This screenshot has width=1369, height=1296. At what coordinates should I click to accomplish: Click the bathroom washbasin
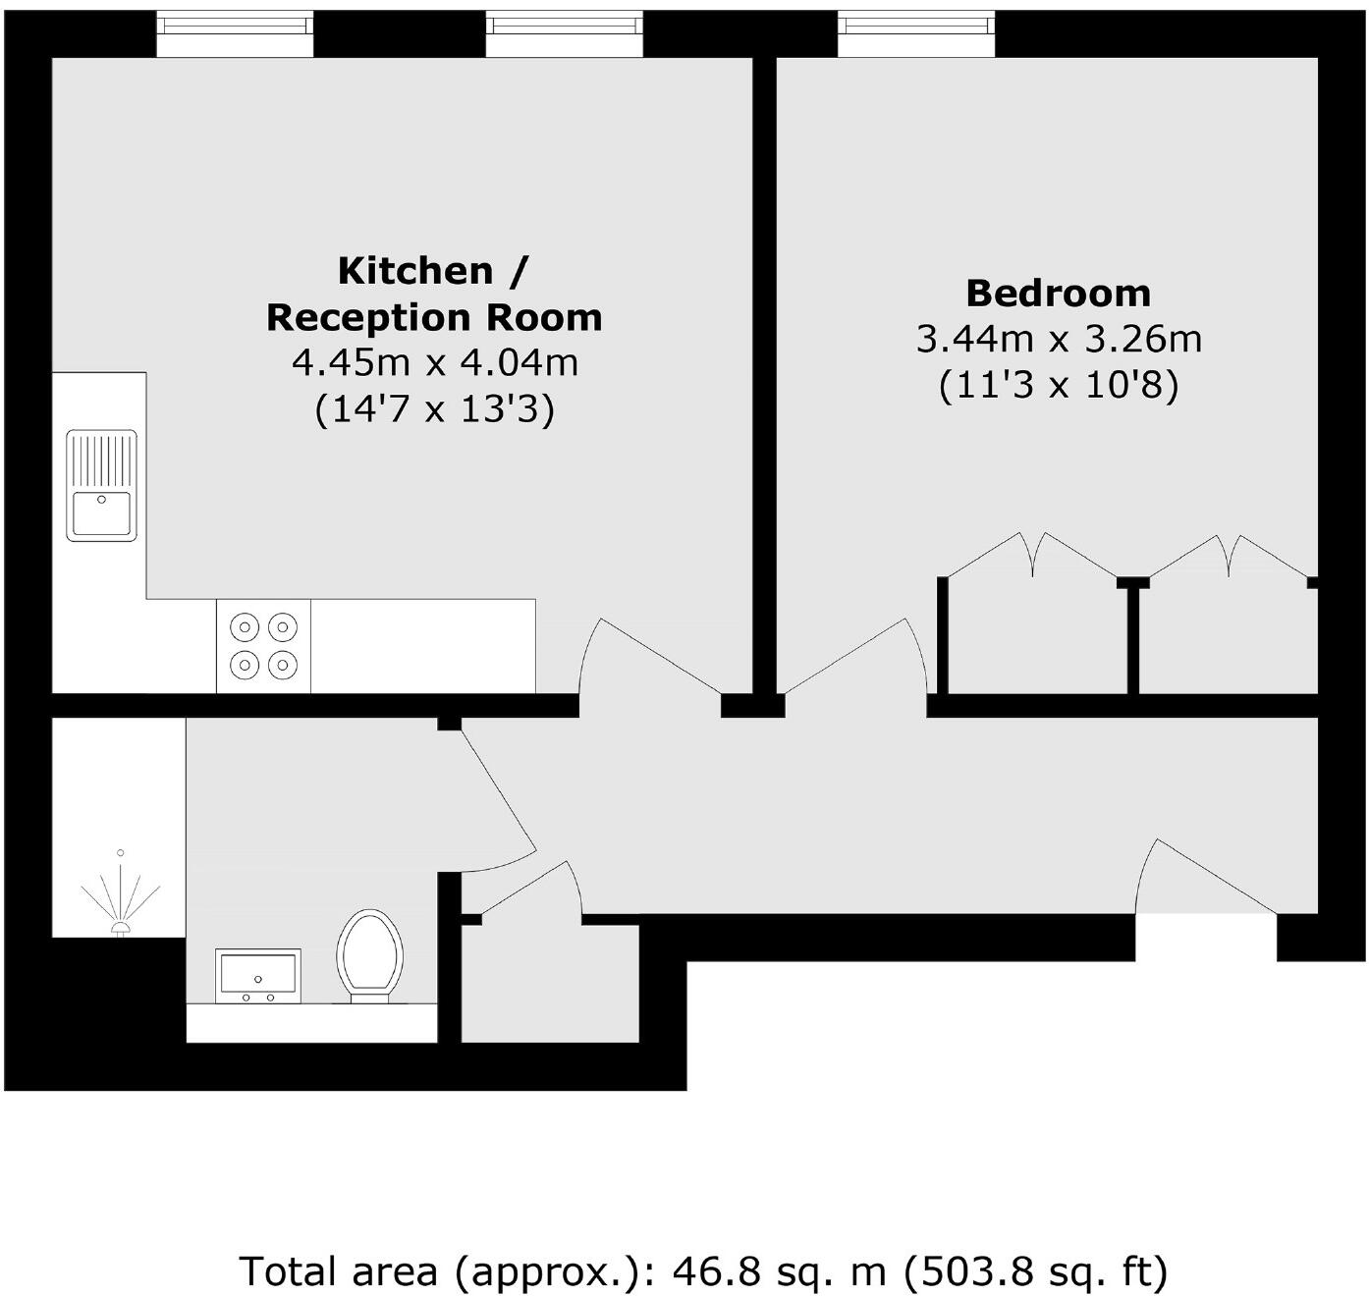click(x=258, y=976)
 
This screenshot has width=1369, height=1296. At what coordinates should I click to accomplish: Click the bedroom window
click(x=915, y=34)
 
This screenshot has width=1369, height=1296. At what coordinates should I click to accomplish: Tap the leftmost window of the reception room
click(x=235, y=34)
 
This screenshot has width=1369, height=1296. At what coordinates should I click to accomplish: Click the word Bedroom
click(x=1058, y=294)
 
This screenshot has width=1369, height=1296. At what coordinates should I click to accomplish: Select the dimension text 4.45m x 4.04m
click(x=434, y=363)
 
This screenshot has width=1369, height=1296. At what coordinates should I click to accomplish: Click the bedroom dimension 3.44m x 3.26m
click(x=1058, y=340)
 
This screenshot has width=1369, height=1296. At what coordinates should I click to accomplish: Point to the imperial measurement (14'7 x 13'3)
click(x=434, y=408)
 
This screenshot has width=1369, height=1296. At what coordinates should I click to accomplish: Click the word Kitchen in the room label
click(x=414, y=271)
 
